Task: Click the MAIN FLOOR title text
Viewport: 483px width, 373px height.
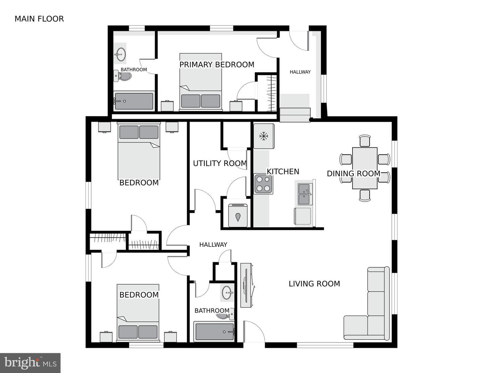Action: click(39, 19)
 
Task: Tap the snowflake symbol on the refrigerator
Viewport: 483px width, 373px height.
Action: click(264, 136)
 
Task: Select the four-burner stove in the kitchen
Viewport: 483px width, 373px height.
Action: click(264, 184)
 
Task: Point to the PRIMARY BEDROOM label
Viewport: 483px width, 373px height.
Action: click(217, 65)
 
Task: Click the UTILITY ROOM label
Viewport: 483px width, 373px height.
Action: click(220, 163)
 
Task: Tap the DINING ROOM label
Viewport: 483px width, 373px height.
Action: click(354, 174)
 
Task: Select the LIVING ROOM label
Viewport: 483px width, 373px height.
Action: click(314, 284)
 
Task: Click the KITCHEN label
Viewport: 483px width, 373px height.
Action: click(283, 172)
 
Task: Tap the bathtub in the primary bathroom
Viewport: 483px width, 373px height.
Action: click(134, 101)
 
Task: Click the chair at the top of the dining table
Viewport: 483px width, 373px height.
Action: click(365, 141)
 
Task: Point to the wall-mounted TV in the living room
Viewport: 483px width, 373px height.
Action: click(247, 285)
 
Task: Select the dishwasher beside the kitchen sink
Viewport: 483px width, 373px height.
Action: click(303, 216)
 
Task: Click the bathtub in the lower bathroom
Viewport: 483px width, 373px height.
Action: click(214, 331)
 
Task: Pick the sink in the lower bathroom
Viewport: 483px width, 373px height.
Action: click(227, 292)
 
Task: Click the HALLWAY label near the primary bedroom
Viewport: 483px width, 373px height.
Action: click(300, 72)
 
